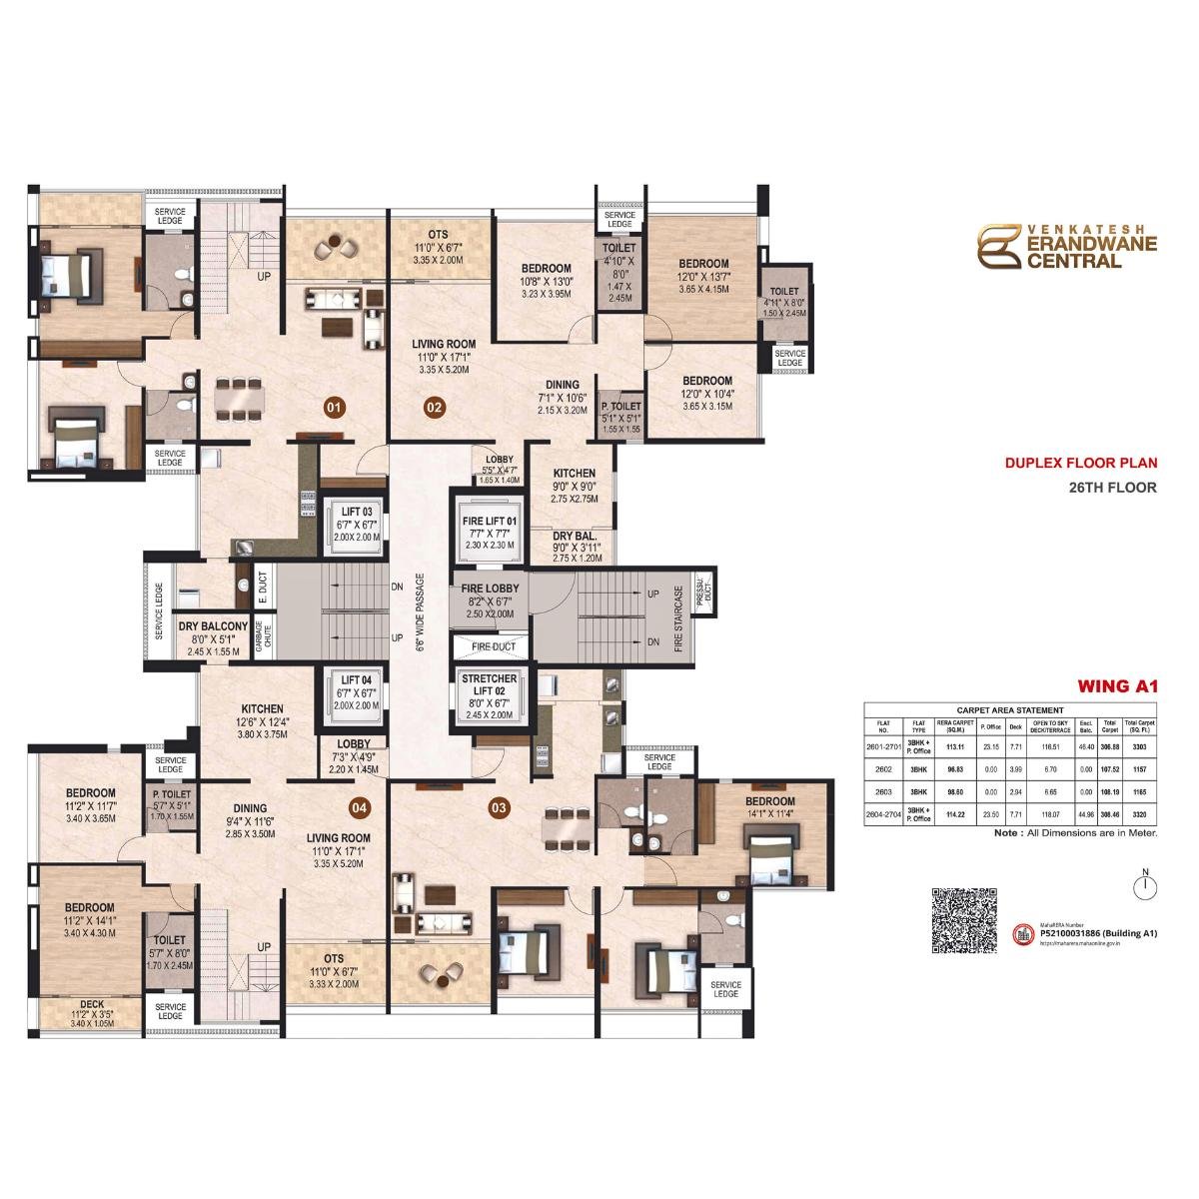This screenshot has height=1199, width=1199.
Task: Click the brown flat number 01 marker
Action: pyautogui.click(x=334, y=407)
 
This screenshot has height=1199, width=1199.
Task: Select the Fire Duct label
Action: pyautogui.click(x=489, y=646)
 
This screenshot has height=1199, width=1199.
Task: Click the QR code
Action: pyautogui.click(x=964, y=921)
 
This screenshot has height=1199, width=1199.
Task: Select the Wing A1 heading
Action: pyautogui.click(x=1116, y=685)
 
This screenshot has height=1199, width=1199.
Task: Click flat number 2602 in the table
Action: pyautogui.click(x=883, y=769)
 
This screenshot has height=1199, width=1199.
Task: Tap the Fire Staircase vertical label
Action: pyautogui.click(x=678, y=618)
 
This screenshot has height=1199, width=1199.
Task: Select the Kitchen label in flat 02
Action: pyautogui.click(x=574, y=474)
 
